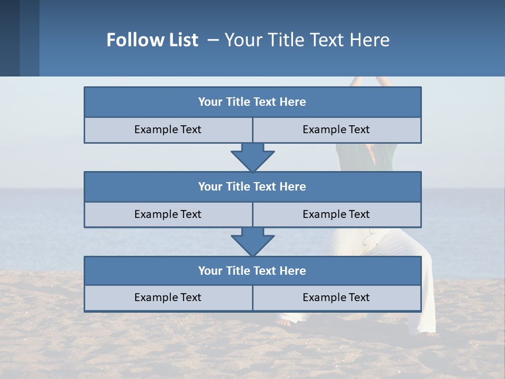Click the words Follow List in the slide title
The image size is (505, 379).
point(152,40)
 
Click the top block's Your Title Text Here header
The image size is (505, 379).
point(252,102)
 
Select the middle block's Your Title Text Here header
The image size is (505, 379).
point(252,187)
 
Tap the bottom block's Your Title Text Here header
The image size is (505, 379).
point(252,271)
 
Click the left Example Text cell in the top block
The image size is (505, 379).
point(168,130)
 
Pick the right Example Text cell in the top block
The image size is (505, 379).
point(336,130)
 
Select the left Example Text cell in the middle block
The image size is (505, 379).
point(168,215)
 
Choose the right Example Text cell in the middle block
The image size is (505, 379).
point(336,215)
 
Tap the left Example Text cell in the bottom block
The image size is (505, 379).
point(168,298)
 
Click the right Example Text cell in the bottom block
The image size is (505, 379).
point(336,298)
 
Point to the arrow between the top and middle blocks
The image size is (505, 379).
point(252,157)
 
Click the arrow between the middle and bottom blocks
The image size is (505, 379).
point(252,242)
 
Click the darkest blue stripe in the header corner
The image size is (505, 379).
point(9,38)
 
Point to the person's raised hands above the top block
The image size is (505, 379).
point(371,81)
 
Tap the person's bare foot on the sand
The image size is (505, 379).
point(284,322)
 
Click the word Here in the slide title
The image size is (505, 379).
point(372,40)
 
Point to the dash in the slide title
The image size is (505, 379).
point(213,40)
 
